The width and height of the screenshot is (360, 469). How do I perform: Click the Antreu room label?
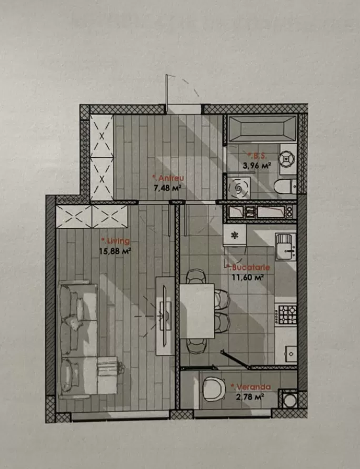(x=168, y=178)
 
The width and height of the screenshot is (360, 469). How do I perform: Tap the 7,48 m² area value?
(x=168, y=188)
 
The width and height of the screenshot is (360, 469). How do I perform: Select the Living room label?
(x=116, y=241)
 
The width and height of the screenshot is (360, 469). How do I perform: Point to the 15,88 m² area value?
(x=115, y=251)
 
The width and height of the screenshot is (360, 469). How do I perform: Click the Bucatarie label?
(x=249, y=267)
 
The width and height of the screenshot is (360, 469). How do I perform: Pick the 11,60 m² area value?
(x=248, y=277)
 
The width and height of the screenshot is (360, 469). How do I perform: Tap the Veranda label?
(x=251, y=387)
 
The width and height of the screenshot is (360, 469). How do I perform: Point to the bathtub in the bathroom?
(x=262, y=128)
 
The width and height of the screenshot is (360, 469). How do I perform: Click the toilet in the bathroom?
(x=285, y=186)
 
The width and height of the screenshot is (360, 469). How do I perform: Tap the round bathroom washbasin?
(x=287, y=159)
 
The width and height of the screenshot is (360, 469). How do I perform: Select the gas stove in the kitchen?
(x=286, y=314)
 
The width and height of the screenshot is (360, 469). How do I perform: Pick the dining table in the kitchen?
(x=197, y=311)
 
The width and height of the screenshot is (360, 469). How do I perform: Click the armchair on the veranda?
(x=214, y=389)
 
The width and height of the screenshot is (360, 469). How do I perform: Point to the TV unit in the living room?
(x=165, y=317)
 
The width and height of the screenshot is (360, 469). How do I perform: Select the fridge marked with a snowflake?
(x=235, y=236)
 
